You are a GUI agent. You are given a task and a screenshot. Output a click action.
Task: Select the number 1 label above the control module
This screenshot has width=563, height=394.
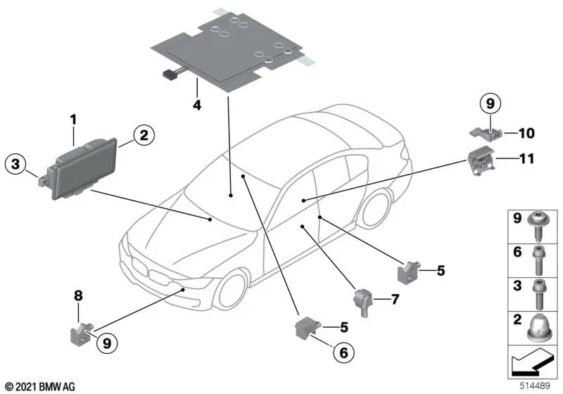coord(72,120)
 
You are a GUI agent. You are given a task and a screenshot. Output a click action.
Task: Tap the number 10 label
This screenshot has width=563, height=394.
coord(527,132)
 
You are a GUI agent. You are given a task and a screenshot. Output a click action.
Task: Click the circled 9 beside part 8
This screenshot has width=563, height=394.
coord(106,344)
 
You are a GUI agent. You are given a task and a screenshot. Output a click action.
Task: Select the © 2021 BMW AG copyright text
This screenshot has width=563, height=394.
coord(39,386)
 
